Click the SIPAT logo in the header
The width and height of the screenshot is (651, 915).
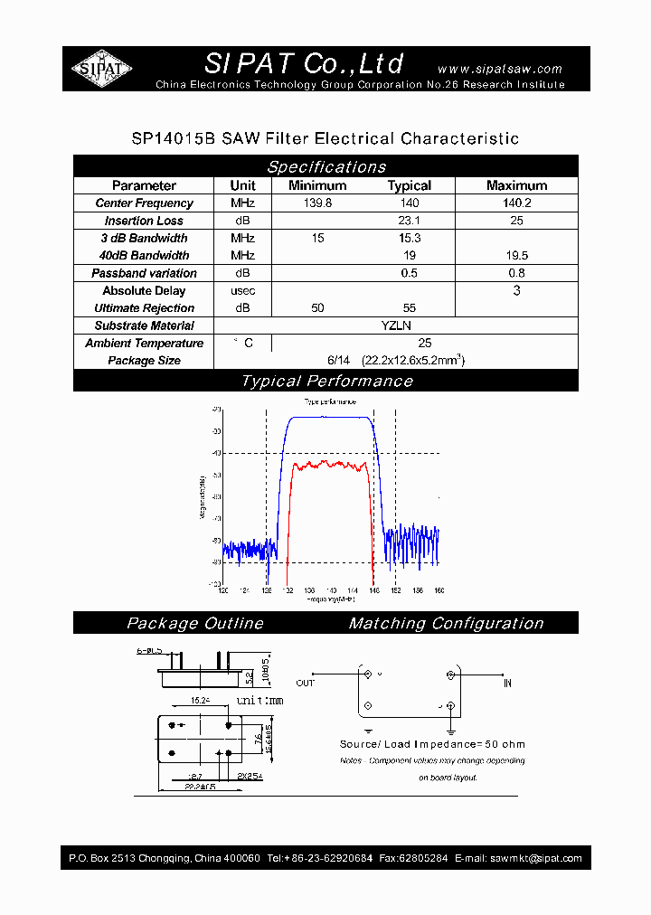click(101, 69)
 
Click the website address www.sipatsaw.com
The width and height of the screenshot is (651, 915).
click(499, 69)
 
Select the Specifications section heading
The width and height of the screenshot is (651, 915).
click(325, 166)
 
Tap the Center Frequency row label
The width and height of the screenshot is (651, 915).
click(144, 203)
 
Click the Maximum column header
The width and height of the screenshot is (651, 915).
click(516, 185)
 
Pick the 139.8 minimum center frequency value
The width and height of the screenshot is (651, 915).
click(316, 203)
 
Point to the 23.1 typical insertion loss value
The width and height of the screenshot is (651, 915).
click(410, 221)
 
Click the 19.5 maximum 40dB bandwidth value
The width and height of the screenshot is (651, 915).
click(516, 256)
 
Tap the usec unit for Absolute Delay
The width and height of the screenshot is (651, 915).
click(242, 290)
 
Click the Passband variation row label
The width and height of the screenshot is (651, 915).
click(144, 273)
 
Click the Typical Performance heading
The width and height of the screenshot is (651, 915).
click(325, 381)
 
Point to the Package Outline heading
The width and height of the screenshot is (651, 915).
click(195, 623)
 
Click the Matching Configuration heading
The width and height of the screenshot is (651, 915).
click(446, 623)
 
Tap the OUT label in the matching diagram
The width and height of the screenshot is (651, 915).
click(306, 683)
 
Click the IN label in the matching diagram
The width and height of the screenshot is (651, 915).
click(508, 683)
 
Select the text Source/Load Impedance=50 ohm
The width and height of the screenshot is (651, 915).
click(432, 744)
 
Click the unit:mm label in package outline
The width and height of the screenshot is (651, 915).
click(260, 701)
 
